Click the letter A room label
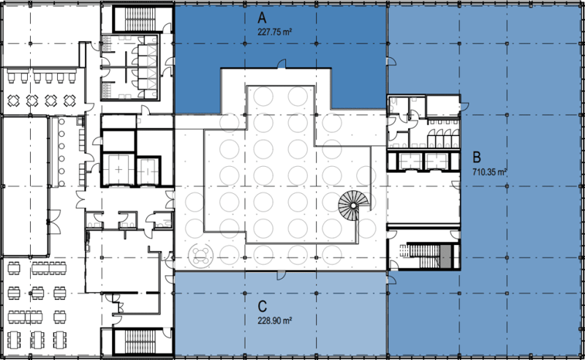pyautogui.click(x=263, y=18)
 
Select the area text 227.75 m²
pyautogui.click(x=275, y=32)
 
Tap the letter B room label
pyautogui.click(x=477, y=157)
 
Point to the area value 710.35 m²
pyautogui.click(x=489, y=172)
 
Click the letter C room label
pyautogui.click(x=263, y=307)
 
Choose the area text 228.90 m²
pyautogui.click(x=275, y=320)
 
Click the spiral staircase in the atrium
pyautogui.click(x=353, y=206)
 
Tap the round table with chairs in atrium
pyautogui.click(x=202, y=255)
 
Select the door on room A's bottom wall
pyautogui.click(x=282, y=64)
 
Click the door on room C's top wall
pyautogui.click(x=281, y=275)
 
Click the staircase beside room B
pyautogui.click(x=429, y=255)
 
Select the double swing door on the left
pyautogui.click(x=54, y=222)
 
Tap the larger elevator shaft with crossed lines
pyautogui.click(x=118, y=170)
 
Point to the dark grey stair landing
pyautogui.click(x=445, y=256)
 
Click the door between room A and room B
pyautogui.click(x=391, y=61)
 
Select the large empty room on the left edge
pyautogui.click(x=26, y=185)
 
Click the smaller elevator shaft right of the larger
pyautogui.click(x=148, y=171)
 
